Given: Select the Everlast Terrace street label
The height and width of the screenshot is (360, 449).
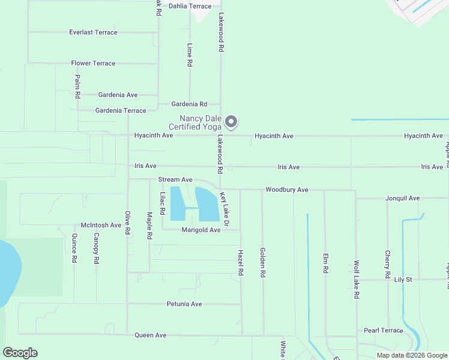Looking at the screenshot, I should pos(93,32).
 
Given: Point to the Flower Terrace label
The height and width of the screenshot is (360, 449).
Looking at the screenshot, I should pos(93,63).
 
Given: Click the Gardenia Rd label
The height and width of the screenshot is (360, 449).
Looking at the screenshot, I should pos(189,104).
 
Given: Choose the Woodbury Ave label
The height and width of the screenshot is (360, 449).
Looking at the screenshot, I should pos(287,190).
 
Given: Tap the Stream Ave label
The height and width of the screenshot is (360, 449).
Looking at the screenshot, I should pos(175,179).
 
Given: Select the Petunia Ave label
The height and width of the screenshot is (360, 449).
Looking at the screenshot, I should pos(184,304).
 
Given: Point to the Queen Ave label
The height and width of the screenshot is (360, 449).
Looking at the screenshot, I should pos(150,335).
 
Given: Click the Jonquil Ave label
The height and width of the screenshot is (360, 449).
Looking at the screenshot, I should pos(402,197).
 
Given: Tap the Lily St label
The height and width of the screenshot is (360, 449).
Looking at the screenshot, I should pos(403,280).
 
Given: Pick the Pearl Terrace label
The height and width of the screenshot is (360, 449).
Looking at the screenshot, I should pos(384,331).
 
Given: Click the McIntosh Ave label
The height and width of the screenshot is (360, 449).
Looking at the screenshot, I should pos(101,225).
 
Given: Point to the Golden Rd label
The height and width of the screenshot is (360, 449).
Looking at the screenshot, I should pos(262,262).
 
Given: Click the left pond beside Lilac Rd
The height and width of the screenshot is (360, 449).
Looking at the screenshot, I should pos(178,203).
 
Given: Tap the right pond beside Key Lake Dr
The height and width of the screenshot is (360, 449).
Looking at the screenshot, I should pos(207,204).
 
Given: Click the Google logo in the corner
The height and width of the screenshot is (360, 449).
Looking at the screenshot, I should pos(20,353).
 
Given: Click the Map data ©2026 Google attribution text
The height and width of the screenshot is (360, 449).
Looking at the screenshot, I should pos(412,355).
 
